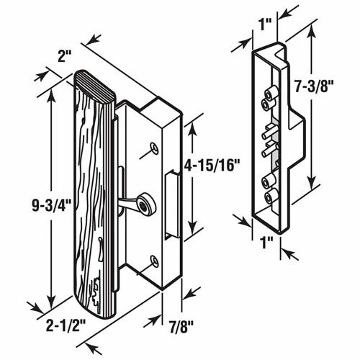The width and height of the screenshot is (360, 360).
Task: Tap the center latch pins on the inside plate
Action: tap(269, 144)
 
